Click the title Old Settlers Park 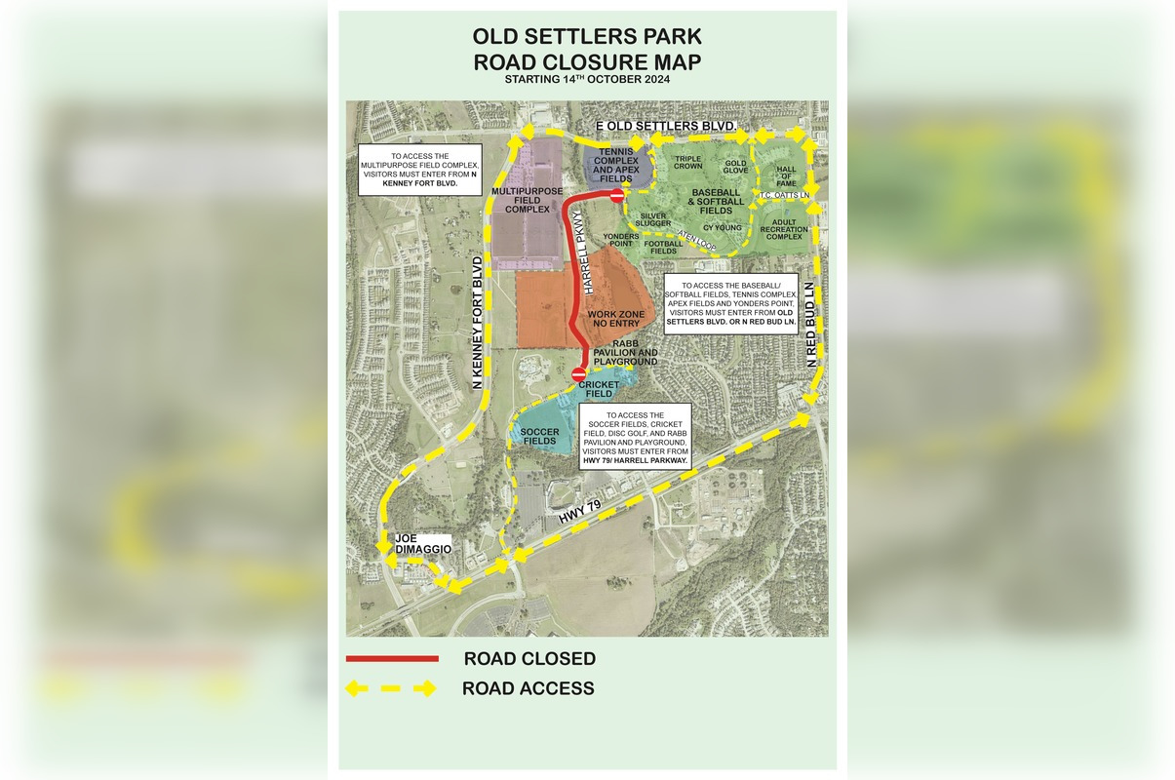point(586,37)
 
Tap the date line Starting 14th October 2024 point(586,80)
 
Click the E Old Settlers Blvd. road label point(665,127)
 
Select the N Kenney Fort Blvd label point(478,323)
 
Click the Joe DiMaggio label point(422,544)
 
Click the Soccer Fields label point(539,436)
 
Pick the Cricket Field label point(599,388)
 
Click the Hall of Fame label point(786,176)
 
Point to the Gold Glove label point(736,167)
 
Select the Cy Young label point(723,228)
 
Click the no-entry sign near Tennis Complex point(616,196)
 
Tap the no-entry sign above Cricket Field point(578,373)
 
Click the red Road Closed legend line point(392,659)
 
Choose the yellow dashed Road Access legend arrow point(391,688)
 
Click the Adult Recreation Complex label point(784,229)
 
